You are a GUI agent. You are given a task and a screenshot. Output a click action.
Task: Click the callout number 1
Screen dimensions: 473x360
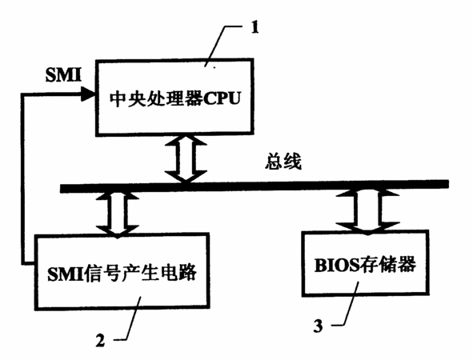255,28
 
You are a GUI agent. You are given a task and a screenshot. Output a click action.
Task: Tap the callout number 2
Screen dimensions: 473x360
100,340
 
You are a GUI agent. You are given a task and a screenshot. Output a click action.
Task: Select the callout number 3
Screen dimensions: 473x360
318,326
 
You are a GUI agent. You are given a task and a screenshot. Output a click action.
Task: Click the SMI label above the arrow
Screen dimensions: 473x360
63,74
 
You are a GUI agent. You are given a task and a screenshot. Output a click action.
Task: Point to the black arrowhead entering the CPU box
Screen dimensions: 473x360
88,94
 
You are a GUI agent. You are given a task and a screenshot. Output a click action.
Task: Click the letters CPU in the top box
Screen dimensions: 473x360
222,98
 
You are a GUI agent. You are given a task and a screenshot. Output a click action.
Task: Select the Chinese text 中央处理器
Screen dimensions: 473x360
155,98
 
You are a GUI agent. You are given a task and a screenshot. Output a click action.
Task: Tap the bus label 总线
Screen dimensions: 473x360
283,162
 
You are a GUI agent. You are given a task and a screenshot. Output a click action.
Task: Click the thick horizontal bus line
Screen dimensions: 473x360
255,186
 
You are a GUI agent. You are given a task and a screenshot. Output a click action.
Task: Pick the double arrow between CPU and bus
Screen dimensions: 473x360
186,158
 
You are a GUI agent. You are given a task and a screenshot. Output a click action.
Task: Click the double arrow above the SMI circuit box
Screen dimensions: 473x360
118,214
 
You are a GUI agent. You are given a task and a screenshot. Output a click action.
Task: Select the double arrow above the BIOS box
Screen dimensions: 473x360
367,211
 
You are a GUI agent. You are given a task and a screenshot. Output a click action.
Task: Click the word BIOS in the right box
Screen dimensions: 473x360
337,266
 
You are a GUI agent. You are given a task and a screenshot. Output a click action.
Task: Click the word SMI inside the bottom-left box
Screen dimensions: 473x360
65,274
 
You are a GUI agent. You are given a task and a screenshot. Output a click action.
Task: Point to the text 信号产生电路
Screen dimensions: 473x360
140,273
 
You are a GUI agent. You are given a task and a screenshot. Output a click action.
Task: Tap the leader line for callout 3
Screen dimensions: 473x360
347,304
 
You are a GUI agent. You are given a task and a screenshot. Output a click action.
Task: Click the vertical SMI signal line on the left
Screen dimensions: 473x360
23,178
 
